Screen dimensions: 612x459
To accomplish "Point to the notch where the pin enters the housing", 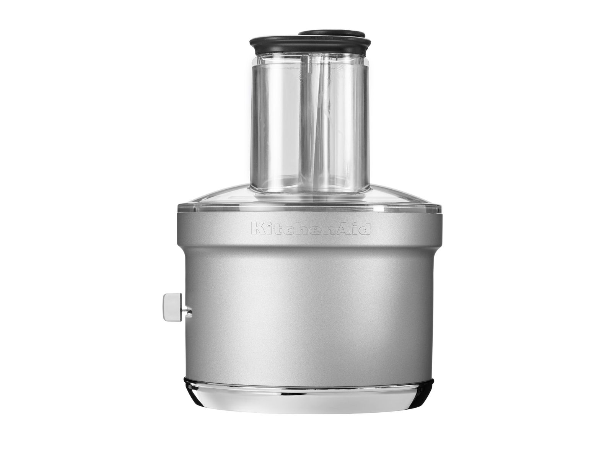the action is [x=189, y=309].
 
